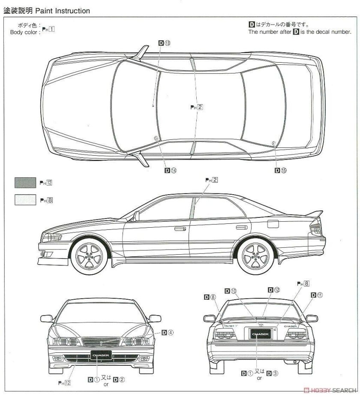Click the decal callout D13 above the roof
click(165, 43)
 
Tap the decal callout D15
click(280, 170)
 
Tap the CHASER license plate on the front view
click(101, 355)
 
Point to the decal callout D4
click(168, 332)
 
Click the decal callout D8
click(210, 296)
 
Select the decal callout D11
click(317, 295)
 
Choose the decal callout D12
click(274, 290)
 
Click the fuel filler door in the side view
click(273, 223)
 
